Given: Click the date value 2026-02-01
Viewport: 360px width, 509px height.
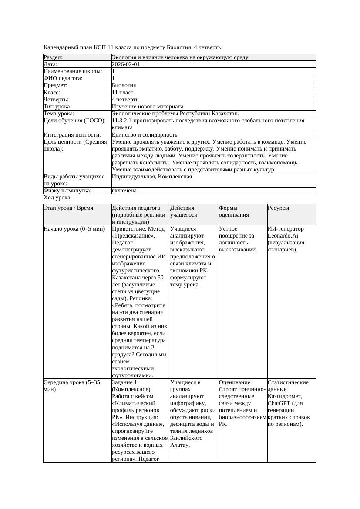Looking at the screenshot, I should tap(126, 64).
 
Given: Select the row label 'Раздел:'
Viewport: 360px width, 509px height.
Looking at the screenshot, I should tap(53, 57).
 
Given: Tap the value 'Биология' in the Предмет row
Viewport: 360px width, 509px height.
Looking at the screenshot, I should tap(124, 85).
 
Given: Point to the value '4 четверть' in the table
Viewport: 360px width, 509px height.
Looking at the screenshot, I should tap(125, 100).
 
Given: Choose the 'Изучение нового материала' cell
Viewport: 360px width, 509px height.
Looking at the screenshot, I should tap(148, 107).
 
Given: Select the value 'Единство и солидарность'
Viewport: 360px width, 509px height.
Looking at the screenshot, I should tap(145, 135).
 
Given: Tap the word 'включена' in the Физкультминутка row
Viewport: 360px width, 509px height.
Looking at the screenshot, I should tap(124, 191).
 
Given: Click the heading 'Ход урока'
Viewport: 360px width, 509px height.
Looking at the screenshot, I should tap(57, 198).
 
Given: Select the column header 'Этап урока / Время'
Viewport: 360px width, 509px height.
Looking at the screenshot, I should tap(68, 208).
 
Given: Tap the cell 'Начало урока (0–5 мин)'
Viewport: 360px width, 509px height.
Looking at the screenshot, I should tap(74, 229).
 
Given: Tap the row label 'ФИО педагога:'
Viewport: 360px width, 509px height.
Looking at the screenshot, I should tap(63, 78).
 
